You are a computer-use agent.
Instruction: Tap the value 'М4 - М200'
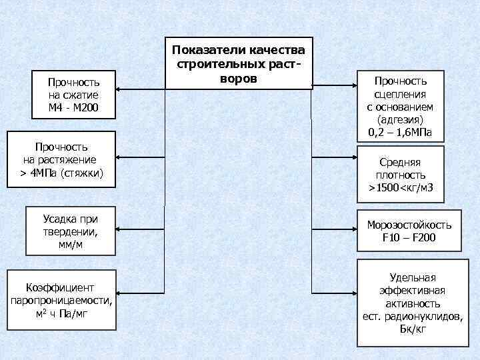[73, 107]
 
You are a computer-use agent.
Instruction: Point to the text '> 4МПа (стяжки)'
[61, 173]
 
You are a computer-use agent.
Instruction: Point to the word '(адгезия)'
[400, 120]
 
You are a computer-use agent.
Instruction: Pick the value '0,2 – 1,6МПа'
[400, 133]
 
